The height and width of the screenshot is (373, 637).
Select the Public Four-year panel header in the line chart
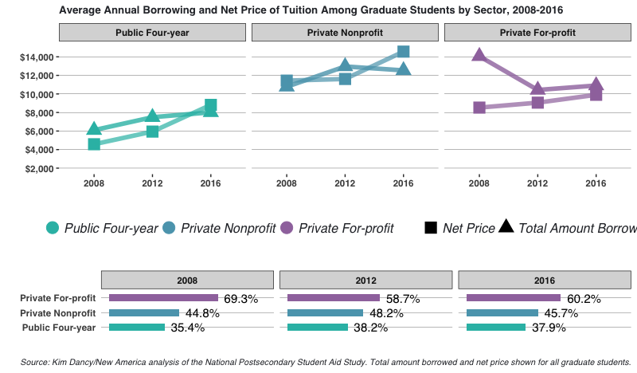pos(152,33)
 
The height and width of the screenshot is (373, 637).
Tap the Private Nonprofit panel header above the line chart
pos(345,33)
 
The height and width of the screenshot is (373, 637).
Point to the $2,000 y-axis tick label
pos(36,169)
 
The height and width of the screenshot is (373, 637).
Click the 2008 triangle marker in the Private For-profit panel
pos(479,55)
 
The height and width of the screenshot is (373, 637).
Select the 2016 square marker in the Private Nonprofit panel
pos(403,52)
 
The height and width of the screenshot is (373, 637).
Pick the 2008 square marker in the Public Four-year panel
pos(94,144)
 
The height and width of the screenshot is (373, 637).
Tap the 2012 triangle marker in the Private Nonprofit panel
pos(345,65)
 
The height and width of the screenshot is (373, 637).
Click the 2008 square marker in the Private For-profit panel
pos(479,108)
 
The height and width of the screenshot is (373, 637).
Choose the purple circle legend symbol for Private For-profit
pos(285,229)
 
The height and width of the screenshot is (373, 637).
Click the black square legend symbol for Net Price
pos(430,229)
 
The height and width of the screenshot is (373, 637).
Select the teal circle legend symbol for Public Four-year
pos(53,229)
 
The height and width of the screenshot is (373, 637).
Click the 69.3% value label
pos(242,299)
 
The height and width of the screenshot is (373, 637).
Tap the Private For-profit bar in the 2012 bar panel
pos(334,298)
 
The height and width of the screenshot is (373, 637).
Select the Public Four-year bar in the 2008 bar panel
pos(137,327)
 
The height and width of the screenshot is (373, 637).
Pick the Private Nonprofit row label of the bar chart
pos(58,313)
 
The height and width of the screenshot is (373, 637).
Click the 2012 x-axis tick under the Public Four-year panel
pos(152,183)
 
